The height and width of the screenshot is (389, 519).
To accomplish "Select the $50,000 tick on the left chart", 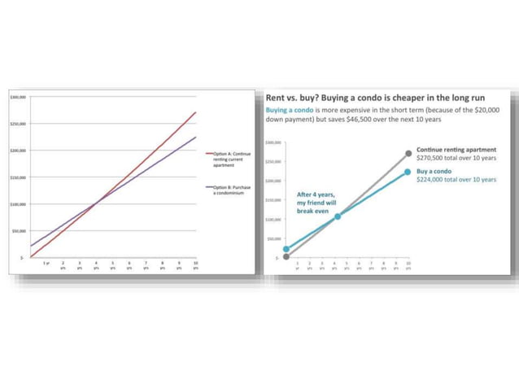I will coord(18,231).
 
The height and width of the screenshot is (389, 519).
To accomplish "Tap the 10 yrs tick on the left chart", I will coord(196,264).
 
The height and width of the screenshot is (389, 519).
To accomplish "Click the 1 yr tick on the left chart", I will coord(46,264).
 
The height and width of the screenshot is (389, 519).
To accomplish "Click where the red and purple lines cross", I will coord(95,204).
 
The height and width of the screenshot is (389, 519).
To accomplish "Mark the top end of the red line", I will coord(196,112).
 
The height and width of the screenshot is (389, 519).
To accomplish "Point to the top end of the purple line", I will coord(196,137).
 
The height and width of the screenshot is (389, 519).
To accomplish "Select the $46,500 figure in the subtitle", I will coord(380,120).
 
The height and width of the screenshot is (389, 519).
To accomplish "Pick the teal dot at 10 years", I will coord(408,172).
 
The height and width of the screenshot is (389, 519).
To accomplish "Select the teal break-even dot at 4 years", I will coord(338,216).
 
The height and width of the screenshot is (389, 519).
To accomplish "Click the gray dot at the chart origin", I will coord(286,257).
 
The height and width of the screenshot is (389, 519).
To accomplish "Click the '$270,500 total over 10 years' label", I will coord(455,159).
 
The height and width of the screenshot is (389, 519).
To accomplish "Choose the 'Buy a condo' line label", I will coord(434,172).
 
